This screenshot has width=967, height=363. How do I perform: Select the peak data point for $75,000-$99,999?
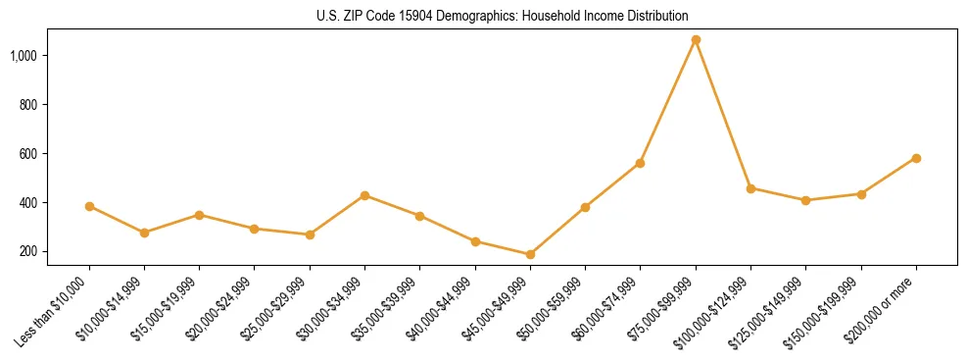coord(696,40)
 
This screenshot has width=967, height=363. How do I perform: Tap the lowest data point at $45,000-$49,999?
coord(530,254)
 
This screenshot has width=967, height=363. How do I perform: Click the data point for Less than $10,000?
coord(89,206)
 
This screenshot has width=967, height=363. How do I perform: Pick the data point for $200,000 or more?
coord(916,158)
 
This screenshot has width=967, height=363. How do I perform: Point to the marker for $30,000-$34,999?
coord(364,195)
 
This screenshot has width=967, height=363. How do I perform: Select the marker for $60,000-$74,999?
coord(640,163)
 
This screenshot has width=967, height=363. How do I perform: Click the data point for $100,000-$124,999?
coord(750,188)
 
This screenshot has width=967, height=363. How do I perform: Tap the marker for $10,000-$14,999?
coord(144,233)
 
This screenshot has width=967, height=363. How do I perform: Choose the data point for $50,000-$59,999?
coord(585,207)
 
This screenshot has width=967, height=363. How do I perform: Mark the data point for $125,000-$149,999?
coord(805,200)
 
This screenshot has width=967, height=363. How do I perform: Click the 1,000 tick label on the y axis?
coord(25,56)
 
